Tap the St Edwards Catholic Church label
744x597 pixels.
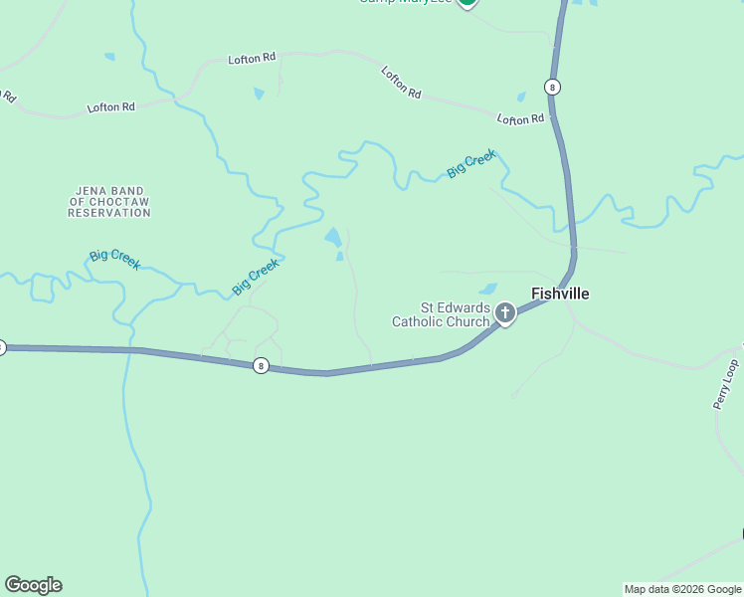[x=442, y=314]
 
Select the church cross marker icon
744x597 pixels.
[x=505, y=315]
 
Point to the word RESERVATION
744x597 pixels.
[x=109, y=213]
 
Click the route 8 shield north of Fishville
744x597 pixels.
[x=552, y=87]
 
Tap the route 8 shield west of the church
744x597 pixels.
[x=261, y=365]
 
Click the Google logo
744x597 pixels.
[x=33, y=585]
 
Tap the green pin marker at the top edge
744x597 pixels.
[x=467, y=3]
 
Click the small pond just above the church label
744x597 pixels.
[x=488, y=290]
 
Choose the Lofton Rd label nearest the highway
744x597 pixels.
[x=521, y=119]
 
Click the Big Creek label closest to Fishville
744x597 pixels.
[x=471, y=164]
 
